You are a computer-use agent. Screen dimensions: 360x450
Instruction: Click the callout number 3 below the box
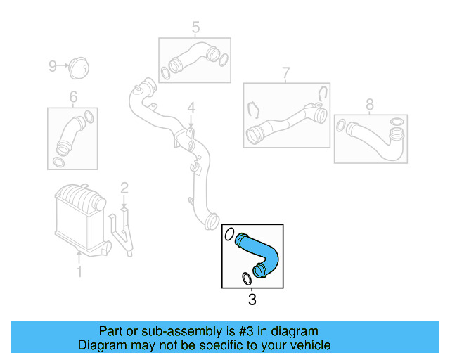point(252,301)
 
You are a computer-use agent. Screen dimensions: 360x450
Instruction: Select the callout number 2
point(124,188)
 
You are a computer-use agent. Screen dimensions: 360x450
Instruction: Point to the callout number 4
point(190,108)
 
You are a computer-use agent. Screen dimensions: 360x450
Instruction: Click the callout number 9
point(52,66)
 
